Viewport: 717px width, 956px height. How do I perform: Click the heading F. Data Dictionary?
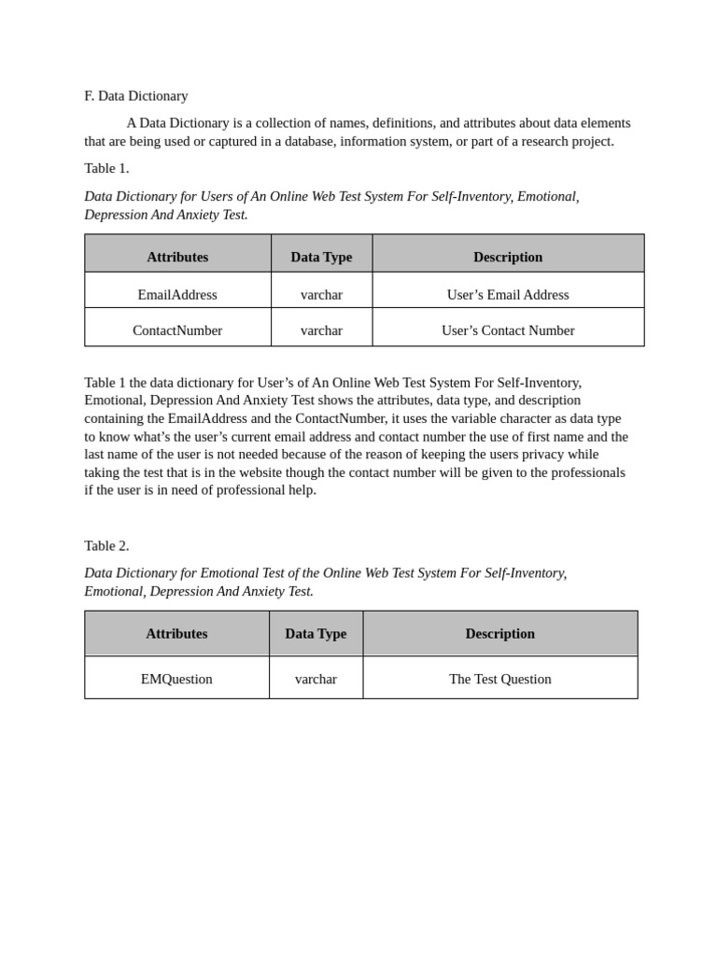tap(135, 96)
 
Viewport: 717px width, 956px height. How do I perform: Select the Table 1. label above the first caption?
tap(106, 168)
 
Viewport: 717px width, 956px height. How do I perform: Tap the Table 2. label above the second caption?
tap(106, 545)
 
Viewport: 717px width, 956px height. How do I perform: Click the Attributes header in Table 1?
tap(177, 257)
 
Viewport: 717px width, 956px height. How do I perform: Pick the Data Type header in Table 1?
tap(321, 257)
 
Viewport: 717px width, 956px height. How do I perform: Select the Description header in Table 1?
tap(507, 257)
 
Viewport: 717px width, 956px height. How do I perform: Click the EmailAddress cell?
tap(177, 295)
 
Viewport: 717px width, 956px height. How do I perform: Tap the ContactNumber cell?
tap(177, 330)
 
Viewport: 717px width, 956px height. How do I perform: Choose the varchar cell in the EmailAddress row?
tap(321, 295)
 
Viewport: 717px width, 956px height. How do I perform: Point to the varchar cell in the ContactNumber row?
tap(321, 330)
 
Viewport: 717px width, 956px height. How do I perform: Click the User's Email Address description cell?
tap(507, 295)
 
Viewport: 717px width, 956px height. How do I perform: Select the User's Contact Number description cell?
tap(507, 330)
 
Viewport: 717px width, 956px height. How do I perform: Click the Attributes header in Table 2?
tap(176, 634)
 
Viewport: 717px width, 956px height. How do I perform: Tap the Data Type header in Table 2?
tap(316, 634)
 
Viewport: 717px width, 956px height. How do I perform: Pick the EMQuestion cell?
tap(176, 680)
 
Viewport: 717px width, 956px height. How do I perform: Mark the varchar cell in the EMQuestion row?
tap(316, 680)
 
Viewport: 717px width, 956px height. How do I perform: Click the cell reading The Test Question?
tap(499, 680)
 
